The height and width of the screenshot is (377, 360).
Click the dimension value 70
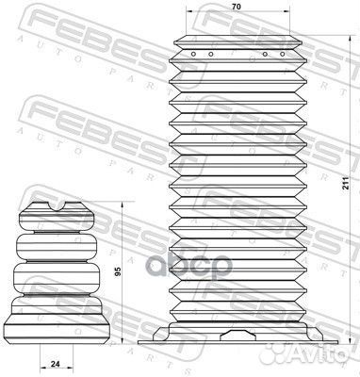click(237, 7)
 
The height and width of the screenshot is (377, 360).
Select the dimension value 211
click(346, 183)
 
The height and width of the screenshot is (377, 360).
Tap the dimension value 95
click(118, 272)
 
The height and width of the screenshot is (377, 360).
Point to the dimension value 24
click(56, 364)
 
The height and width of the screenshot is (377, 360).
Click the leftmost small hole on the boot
click(193, 54)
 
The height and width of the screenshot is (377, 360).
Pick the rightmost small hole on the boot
click(283, 54)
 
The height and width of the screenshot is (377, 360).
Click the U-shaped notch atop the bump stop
click(57, 206)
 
